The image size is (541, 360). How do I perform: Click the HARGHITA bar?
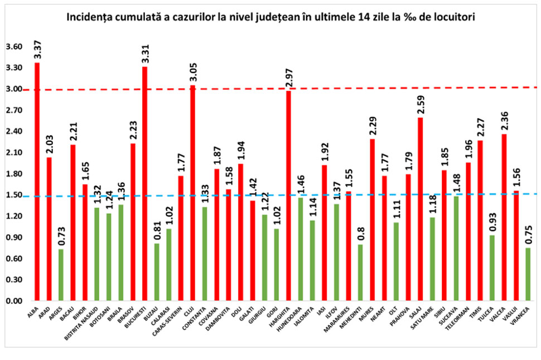click(x=289, y=195)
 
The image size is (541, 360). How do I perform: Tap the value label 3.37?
click(x=37, y=50)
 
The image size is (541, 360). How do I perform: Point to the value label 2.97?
click(x=289, y=79)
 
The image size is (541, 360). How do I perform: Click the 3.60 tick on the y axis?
click(x=14, y=47)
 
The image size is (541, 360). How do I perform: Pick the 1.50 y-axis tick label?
click(x=14, y=195)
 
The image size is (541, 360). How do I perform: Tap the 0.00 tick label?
click(x=14, y=301)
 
